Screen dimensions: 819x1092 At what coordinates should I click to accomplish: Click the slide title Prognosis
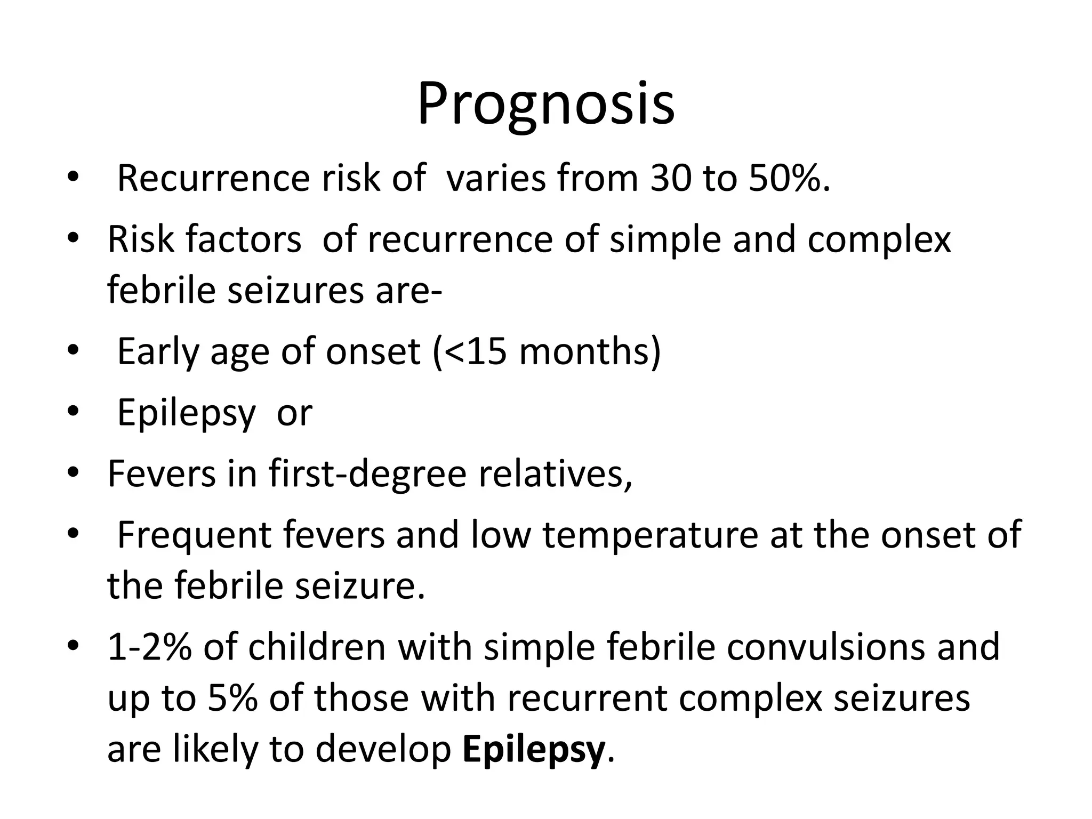[x=545, y=105]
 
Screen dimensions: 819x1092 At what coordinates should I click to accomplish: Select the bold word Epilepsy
[x=534, y=749]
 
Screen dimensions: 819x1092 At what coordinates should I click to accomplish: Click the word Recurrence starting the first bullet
[x=213, y=178]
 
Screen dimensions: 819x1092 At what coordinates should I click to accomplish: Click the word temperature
[x=651, y=534]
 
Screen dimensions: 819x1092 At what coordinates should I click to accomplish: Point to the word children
[x=317, y=647]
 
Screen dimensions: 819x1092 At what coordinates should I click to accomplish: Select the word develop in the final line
[x=383, y=749]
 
